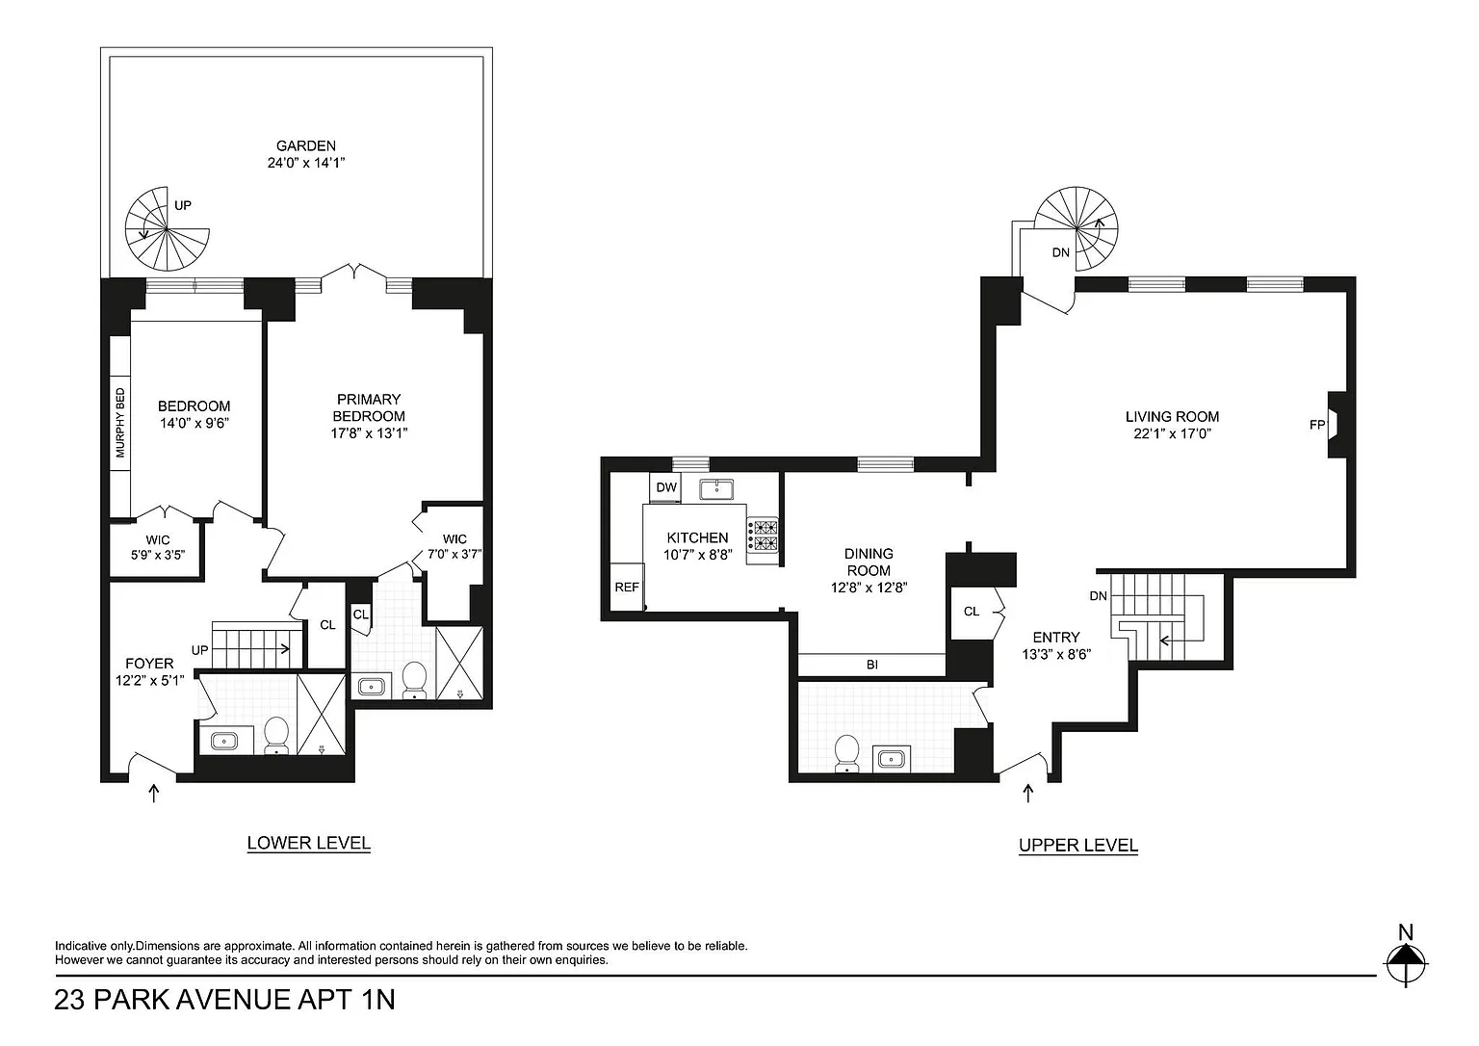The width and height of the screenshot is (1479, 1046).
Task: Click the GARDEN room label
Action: pyautogui.click(x=305, y=146)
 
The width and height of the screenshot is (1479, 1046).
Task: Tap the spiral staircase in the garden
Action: pyautogui.click(x=167, y=228)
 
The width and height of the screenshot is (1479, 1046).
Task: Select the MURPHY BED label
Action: pyautogui.click(x=120, y=423)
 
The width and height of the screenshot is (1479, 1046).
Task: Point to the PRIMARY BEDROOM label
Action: pyautogui.click(x=369, y=407)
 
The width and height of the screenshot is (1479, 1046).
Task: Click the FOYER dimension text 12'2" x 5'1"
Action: pyautogui.click(x=149, y=680)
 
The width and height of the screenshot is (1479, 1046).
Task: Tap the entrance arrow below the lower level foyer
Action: pyautogui.click(x=154, y=793)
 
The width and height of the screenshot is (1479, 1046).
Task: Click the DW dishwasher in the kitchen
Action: pyautogui.click(x=666, y=487)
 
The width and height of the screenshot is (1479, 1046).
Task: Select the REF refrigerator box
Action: pyautogui.click(x=627, y=587)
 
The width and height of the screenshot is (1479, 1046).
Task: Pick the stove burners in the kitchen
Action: pyautogui.click(x=763, y=535)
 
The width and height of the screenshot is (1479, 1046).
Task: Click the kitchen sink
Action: pyautogui.click(x=716, y=490)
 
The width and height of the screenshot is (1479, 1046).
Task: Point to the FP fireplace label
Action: pyautogui.click(x=1316, y=426)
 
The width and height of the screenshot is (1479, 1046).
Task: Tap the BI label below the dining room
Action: pyautogui.click(x=872, y=665)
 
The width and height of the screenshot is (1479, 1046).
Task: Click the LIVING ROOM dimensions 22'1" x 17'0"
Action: pyautogui.click(x=1172, y=433)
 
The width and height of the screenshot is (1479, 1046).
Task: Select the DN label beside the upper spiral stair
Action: pyautogui.click(x=1060, y=252)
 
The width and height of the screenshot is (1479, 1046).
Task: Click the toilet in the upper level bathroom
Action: pyautogui.click(x=846, y=753)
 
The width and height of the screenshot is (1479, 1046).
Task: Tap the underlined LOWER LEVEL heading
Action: pyautogui.click(x=308, y=844)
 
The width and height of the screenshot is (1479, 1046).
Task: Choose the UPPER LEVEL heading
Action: pyautogui.click(x=1078, y=846)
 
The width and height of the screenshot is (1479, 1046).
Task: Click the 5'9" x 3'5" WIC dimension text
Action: pyautogui.click(x=157, y=556)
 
